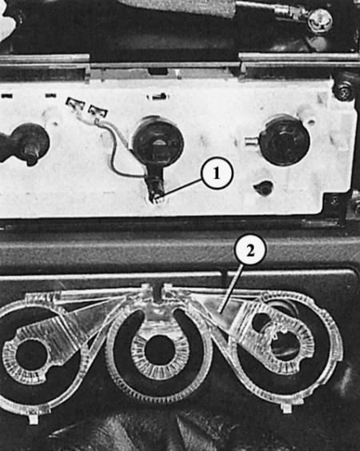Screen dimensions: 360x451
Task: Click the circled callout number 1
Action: tap(217, 174)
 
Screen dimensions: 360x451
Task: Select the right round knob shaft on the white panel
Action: tap(285, 140)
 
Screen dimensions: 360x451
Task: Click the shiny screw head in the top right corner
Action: tap(320, 19)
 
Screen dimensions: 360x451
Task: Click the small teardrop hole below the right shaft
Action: tap(263, 188)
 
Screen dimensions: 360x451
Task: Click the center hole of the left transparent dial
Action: tap(31, 355)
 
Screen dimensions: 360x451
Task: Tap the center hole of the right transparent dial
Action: tap(285, 346)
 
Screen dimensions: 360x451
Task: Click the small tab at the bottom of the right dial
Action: tap(286, 408)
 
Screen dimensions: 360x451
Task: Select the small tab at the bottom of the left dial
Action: tap(34, 419)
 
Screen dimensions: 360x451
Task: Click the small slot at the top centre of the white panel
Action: tap(157, 96)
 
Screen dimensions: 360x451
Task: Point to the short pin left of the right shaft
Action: tap(252, 141)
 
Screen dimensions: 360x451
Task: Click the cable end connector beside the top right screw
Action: tap(290, 12)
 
